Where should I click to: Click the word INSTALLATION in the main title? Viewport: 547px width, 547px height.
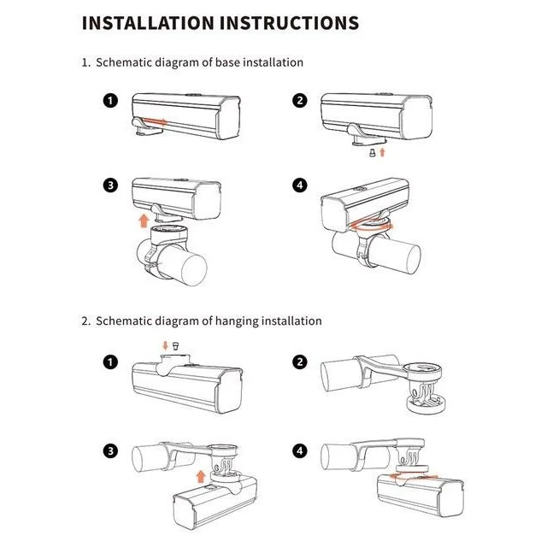[x=148, y=23]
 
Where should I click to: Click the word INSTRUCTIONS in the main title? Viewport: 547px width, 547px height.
[x=289, y=23]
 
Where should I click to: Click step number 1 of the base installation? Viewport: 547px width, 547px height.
[x=110, y=101]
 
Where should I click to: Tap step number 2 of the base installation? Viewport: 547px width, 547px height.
[x=300, y=101]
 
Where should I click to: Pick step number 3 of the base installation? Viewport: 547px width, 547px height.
[x=110, y=185]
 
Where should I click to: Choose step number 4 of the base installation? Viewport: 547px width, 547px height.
[x=300, y=185]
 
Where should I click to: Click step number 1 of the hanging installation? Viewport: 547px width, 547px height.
[x=110, y=362]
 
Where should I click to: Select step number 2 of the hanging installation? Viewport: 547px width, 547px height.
[x=300, y=362]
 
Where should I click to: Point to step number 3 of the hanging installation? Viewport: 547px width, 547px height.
[x=110, y=451]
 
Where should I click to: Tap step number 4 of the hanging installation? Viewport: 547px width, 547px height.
[x=300, y=451]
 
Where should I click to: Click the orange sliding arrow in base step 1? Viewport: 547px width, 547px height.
[x=155, y=121]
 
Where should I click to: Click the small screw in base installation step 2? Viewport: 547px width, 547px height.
[x=373, y=153]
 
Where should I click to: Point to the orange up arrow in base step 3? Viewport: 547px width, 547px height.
[x=144, y=221]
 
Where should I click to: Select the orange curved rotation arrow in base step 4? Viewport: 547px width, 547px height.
[x=372, y=226]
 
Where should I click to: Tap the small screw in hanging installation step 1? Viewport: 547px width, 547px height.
[x=176, y=346]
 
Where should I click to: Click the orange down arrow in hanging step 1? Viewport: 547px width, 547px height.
[x=165, y=345]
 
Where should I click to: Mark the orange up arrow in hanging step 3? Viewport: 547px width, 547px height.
[x=200, y=476]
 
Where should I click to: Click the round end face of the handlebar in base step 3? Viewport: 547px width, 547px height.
[x=194, y=270]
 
